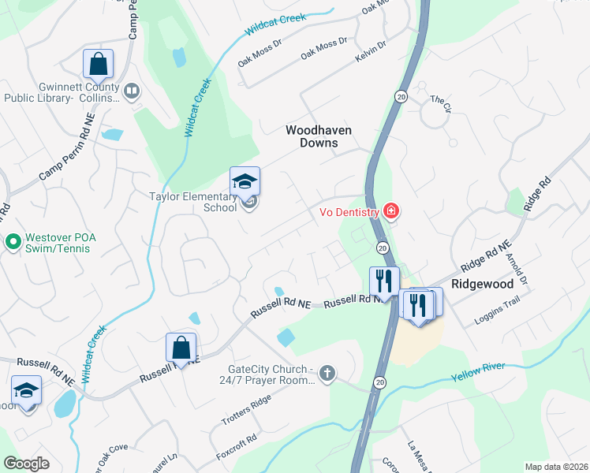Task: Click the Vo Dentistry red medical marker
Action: pyautogui.click(x=390, y=211)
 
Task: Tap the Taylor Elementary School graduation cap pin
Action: pyautogui.click(x=245, y=182)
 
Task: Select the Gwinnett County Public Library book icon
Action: pyautogui.click(x=132, y=92)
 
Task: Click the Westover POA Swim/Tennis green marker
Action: pyautogui.click(x=13, y=240)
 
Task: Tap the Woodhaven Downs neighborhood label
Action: pyautogui.click(x=318, y=136)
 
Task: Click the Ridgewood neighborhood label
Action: pyautogui.click(x=483, y=283)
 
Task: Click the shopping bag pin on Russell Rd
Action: pyautogui.click(x=181, y=348)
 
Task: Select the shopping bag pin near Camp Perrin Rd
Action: pyautogui.click(x=98, y=64)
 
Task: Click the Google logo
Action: pyautogui.click(x=27, y=464)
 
